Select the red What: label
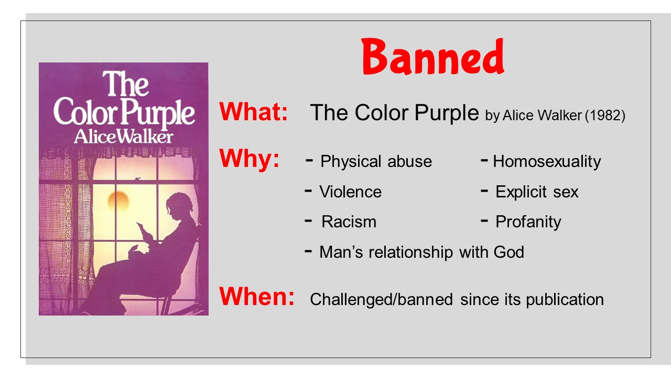pyautogui.click(x=253, y=112)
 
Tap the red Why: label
pyautogui.click(x=249, y=159)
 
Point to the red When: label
pyautogui.click(x=257, y=296)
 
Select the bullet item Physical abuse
pyautogui.click(x=376, y=161)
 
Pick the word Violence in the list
pyautogui.click(x=351, y=192)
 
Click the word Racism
pyautogui.click(x=349, y=222)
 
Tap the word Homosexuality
pyautogui.click(x=547, y=162)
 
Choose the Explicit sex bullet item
pyautogui.click(x=537, y=192)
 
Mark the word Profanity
pyautogui.click(x=528, y=222)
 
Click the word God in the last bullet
pyautogui.click(x=509, y=252)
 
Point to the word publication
pyautogui.click(x=565, y=300)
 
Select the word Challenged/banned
pyautogui.click(x=381, y=299)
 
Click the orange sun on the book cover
pyautogui.click(x=118, y=201)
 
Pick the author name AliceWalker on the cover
pyautogui.click(x=123, y=137)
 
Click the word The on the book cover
pyautogui.click(x=125, y=83)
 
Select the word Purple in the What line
pyautogui.click(x=447, y=113)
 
